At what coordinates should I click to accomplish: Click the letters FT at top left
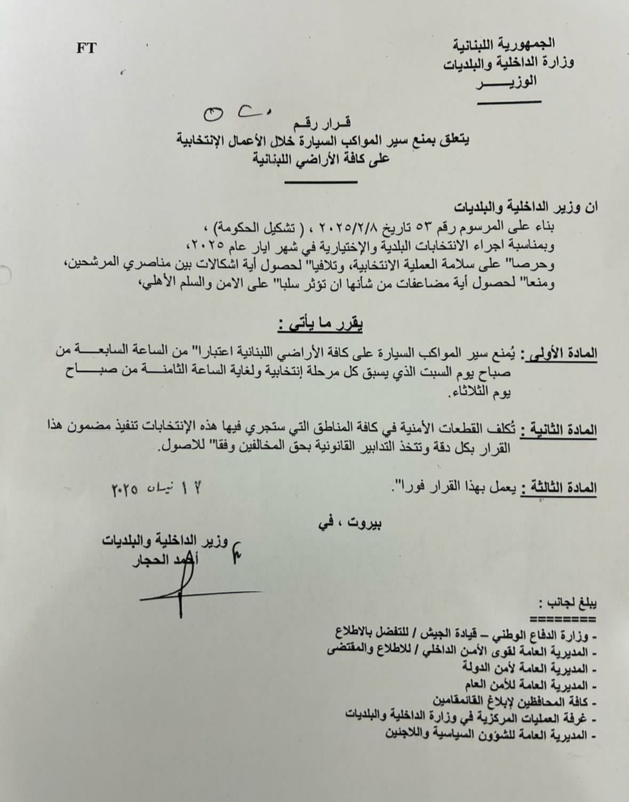tap(86, 48)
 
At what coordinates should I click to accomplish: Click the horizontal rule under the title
tap(321, 182)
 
